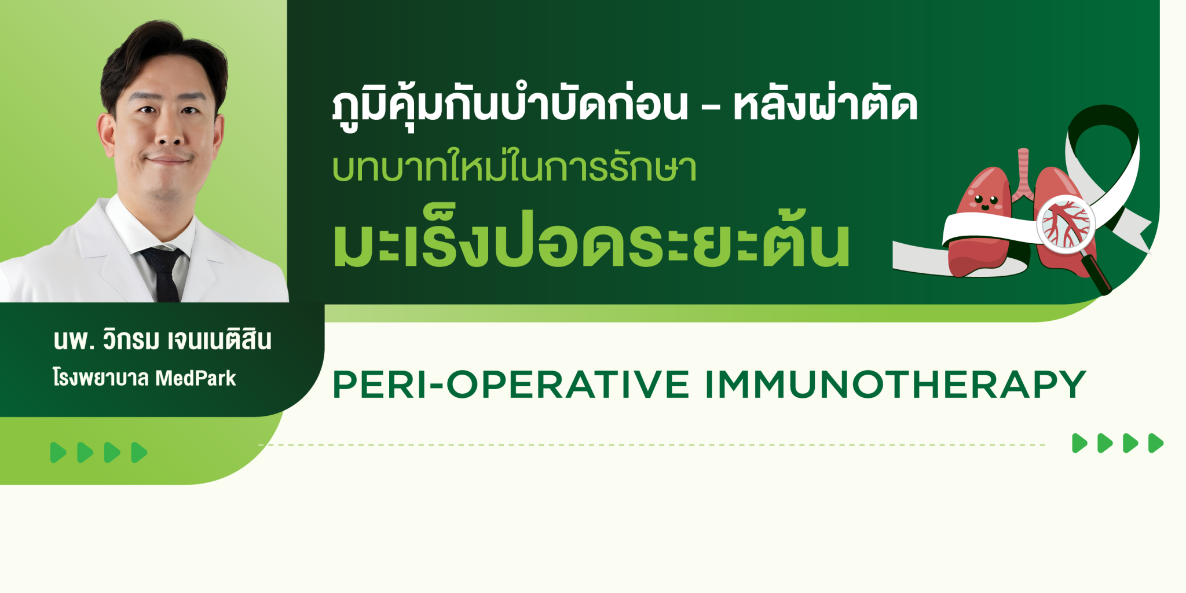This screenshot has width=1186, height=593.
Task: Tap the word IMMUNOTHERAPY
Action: (x=895, y=385)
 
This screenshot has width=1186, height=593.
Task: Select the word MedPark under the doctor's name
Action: (x=196, y=378)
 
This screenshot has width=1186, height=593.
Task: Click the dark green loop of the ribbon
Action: (x=1103, y=139)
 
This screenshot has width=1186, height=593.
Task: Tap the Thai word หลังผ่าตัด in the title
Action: (x=825, y=105)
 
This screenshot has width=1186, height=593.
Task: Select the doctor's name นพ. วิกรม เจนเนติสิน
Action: (x=162, y=339)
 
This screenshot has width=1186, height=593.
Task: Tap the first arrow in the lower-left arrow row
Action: (x=58, y=452)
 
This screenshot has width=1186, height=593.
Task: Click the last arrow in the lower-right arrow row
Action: (x=1156, y=443)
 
